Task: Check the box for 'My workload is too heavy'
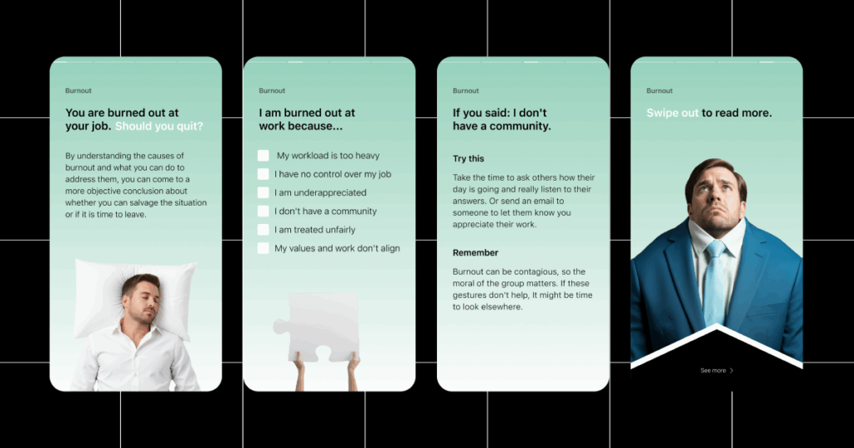point(263,156)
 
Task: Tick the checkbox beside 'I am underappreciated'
point(263,192)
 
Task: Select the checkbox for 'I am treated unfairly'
point(263,230)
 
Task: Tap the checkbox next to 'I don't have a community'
point(263,211)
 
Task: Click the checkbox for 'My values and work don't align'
point(263,248)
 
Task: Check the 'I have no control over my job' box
point(263,174)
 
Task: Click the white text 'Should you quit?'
point(159,126)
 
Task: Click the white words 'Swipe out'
point(672,113)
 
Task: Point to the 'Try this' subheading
point(469,159)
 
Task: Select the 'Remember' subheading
point(475,253)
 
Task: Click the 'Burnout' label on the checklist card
point(272,91)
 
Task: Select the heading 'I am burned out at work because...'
point(307,120)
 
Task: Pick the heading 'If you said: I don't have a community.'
point(501,120)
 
